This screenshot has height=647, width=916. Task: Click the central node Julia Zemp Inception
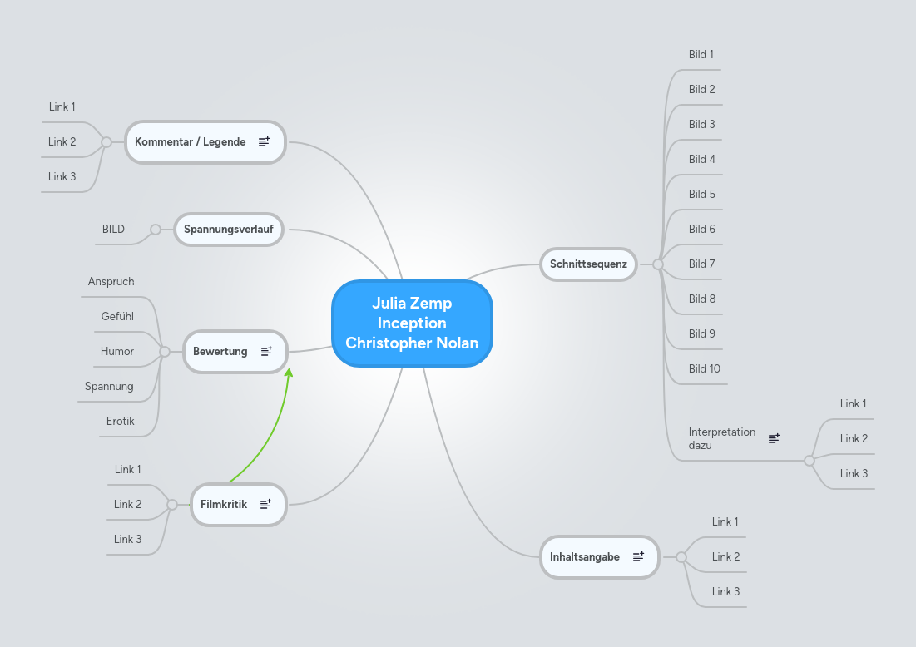point(412,323)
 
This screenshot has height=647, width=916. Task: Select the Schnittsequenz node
point(588,264)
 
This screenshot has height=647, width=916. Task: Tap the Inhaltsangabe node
point(584,557)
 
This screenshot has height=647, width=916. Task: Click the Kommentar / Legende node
point(191,142)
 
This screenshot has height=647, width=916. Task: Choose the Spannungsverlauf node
point(228,229)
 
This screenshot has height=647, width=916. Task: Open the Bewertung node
point(220,352)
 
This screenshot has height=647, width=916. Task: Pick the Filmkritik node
point(224,504)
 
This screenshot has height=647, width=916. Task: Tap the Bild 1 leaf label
point(701,55)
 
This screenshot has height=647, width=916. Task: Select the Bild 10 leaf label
point(704,369)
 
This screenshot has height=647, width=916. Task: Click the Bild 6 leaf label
point(702,230)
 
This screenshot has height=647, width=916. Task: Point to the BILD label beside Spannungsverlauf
point(113,230)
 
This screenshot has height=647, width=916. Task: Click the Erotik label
point(121,422)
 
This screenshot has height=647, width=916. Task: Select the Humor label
point(117,352)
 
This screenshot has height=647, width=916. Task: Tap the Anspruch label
point(111,282)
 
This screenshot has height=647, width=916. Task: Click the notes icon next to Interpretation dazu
point(774,438)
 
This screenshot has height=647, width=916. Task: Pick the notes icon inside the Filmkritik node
point(266,504)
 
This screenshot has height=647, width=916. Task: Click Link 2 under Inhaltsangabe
point(725,557)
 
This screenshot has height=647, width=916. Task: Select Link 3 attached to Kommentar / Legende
point(62,177)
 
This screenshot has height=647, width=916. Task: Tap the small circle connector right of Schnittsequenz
point(657,264)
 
